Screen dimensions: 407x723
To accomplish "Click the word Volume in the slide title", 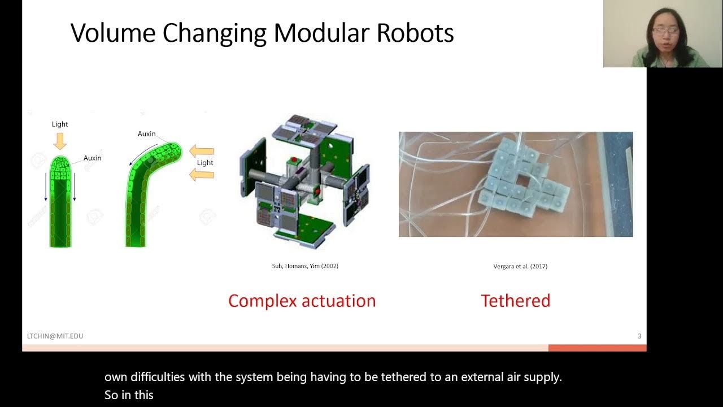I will tap(113, 33).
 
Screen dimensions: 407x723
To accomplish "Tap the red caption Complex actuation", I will tap(302, 301).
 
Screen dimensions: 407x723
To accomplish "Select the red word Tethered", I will tap(515, 301).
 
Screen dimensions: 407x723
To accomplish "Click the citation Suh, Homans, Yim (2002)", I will tap(305, 266).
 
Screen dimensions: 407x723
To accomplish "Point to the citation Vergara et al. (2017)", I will tap(520, 266).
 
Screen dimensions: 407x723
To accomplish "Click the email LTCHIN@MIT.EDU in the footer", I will tap(55, 336).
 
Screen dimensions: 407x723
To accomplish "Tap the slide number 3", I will tap(639, 336).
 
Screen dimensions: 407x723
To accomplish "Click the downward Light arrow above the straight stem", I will tap(60, 140).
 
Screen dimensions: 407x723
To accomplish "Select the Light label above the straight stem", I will tap(60, 124).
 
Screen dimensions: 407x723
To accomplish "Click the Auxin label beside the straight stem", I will tap(93, 158).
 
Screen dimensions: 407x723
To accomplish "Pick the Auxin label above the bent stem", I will tap(146, 134).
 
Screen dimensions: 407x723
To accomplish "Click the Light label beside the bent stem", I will tap(205, 163).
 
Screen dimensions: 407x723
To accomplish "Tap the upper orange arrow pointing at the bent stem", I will tap(202, 151).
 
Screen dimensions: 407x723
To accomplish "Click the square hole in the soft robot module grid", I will tap(523, 181).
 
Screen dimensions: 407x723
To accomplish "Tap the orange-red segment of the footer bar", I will tap(597, 348).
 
